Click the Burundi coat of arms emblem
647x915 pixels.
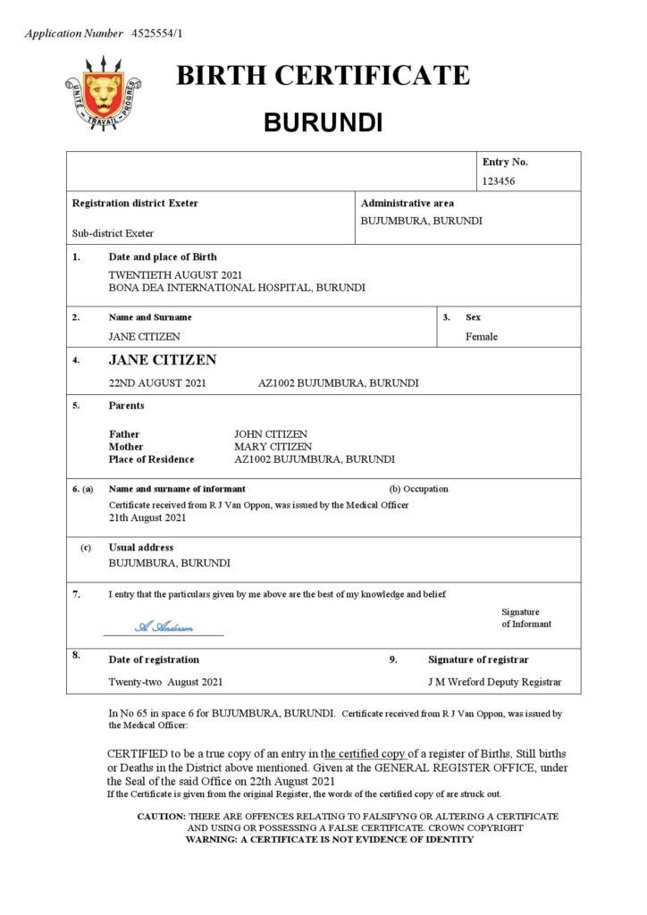tap(104, 91)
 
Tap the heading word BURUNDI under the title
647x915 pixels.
tap(323, 122)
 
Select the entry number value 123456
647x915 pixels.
tap(499, 180)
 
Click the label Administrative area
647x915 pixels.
tap(407, 203)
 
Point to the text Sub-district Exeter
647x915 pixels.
tap(113, 233)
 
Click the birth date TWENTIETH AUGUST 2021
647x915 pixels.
tap(175, 274)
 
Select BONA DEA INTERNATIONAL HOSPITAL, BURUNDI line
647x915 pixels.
tap(237, 288)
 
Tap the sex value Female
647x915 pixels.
tap(482, 337)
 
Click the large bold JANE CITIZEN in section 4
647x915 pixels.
tap(163, 360)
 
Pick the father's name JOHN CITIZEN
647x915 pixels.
tap(271, 434)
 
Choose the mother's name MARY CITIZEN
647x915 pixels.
tap(273, 447)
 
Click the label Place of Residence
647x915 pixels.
tap(151, 459)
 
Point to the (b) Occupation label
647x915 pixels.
tap(419, 489)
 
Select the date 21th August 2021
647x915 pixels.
tap(147, 517)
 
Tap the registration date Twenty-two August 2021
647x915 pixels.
tap(165, 682)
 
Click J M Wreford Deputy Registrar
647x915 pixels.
tap(495, 682)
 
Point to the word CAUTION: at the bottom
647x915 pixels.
tap(161, 817)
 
